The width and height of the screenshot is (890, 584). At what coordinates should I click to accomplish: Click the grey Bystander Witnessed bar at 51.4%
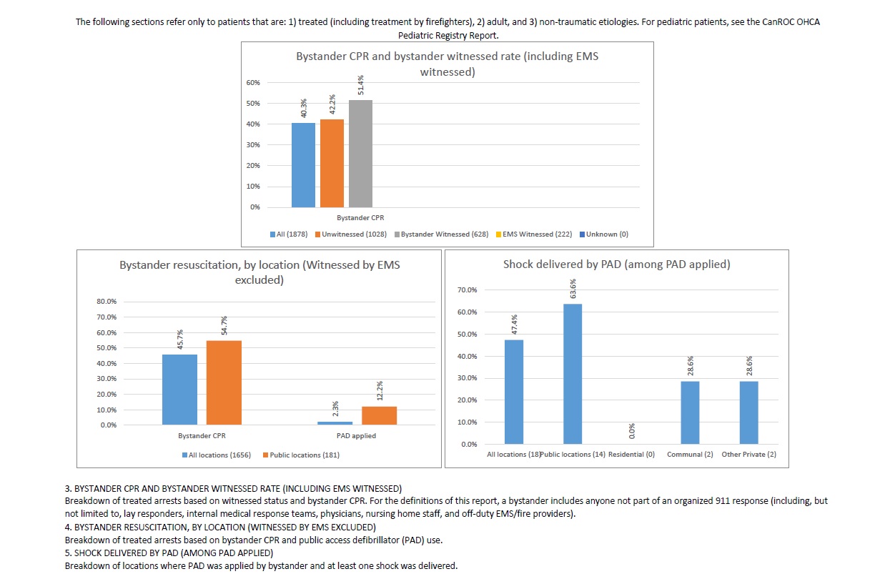coord(360,154)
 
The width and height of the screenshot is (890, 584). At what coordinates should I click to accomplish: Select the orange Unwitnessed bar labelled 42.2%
coord(332,163)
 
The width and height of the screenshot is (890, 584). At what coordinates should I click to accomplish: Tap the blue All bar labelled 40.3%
coord(303,165)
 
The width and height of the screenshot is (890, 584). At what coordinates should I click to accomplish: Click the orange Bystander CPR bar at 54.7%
coord(224,382)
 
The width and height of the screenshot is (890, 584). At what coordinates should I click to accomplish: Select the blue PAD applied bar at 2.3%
coord(335,423)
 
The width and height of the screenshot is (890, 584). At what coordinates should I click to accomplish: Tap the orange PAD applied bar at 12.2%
coord(379,415)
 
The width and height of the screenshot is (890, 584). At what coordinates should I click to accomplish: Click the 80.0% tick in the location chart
coord(107,302)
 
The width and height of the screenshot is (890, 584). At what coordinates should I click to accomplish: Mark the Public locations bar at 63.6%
coord(573,374)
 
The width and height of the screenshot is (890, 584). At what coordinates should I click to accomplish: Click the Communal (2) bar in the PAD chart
coord(690,412)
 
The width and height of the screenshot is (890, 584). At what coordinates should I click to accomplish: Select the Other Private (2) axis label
coord(749,455)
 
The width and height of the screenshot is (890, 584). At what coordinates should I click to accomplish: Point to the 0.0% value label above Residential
coord(632,432)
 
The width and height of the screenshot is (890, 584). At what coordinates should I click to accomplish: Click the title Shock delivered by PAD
coord(616,264)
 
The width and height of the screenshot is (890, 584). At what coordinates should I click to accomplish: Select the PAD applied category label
coord(356,435)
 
